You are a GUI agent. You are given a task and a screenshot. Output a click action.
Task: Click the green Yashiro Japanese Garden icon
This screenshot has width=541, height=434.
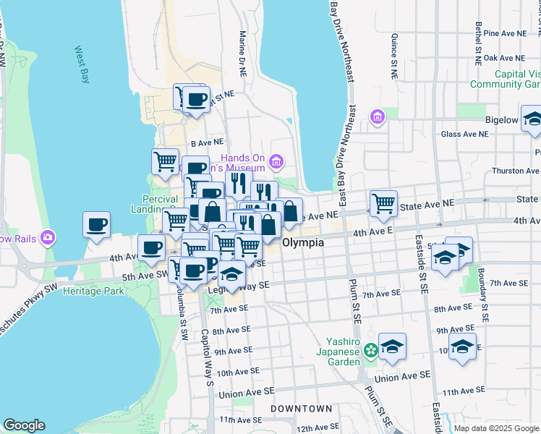[371, 350]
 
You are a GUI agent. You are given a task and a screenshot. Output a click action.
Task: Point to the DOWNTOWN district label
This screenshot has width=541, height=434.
[301, 409]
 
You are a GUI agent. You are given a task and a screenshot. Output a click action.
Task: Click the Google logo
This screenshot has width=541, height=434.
[24, 425]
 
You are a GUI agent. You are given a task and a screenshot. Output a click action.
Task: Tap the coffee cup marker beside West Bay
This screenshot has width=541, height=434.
[96, 224]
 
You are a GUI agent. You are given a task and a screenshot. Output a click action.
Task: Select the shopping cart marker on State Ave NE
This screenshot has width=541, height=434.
[383, 203]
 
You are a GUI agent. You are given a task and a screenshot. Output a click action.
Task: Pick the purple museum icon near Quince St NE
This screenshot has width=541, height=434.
[377, 116]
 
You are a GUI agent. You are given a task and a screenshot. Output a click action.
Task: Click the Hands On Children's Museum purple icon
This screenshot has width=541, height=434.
[276, 160]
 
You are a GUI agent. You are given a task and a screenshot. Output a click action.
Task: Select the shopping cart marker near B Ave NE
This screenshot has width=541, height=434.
[166, 161]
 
